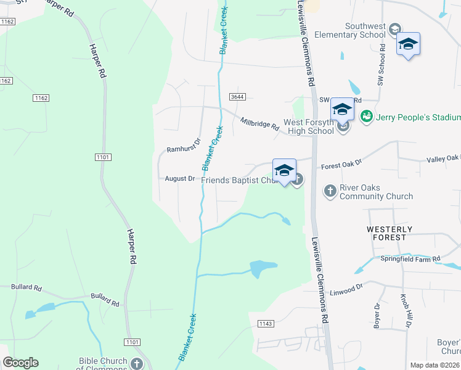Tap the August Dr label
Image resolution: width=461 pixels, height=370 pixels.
pyautogui.click(x=180, y=179)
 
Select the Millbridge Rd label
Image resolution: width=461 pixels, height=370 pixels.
pyautogui.click(x=259, y=123)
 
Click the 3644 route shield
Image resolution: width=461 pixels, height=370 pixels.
pyautogui.click(x=237, y=97)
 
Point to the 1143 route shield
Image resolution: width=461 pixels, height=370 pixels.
pyautogui.click(x=266, y=323)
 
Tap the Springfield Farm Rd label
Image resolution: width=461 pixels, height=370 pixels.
pyautogui.click(x=410, y=258)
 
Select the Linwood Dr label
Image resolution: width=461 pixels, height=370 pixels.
pyautogui.click(x=348, y=291)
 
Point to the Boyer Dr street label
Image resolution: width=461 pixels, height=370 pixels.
pyautogui.click(x=377, y=314)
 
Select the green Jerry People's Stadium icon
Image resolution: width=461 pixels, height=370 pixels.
pyautogui.click(x=366, y=115)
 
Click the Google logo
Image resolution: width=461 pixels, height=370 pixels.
pyautogui.click(x=20, y=363)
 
